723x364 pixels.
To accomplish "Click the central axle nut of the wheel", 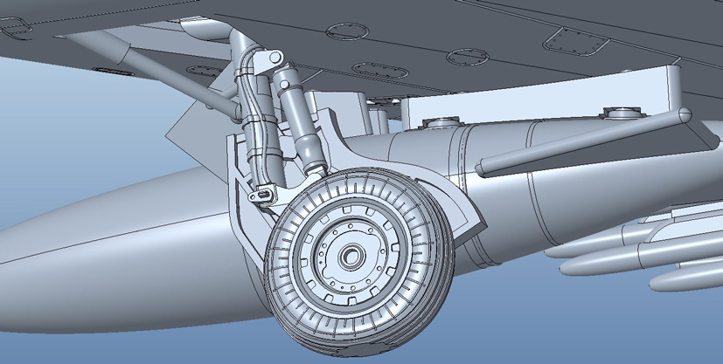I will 352,256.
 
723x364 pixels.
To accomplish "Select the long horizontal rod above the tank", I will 577,138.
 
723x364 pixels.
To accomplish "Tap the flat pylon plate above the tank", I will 542,96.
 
